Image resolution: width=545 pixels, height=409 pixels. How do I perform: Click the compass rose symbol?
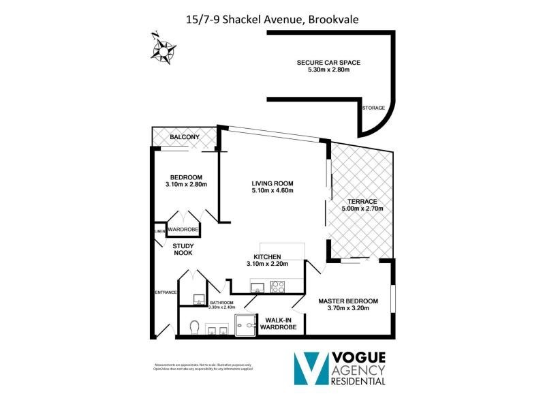click(163, 49)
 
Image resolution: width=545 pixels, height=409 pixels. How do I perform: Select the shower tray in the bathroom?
click(246, 326)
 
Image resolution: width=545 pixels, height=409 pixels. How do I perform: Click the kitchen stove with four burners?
click(279, 287)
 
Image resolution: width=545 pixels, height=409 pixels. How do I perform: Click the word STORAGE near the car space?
click(373, 108)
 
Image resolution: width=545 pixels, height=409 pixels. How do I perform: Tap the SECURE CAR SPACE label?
click(328, 63)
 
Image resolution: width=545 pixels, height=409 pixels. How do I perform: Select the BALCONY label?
click(184, 138)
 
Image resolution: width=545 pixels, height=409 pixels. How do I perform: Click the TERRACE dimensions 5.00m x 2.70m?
click(360, 209)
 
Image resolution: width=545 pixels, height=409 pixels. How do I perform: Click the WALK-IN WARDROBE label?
click(280, 323)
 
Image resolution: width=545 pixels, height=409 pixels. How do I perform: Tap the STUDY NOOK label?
click(183, 249)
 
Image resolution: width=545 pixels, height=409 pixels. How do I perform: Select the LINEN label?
click(159, 232)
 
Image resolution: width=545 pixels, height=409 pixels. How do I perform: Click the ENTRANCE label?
click(166, 292)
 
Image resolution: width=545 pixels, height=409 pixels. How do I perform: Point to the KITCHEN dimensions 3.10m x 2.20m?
click(267, 264)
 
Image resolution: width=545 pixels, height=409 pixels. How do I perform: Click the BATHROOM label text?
click(221, 303)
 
